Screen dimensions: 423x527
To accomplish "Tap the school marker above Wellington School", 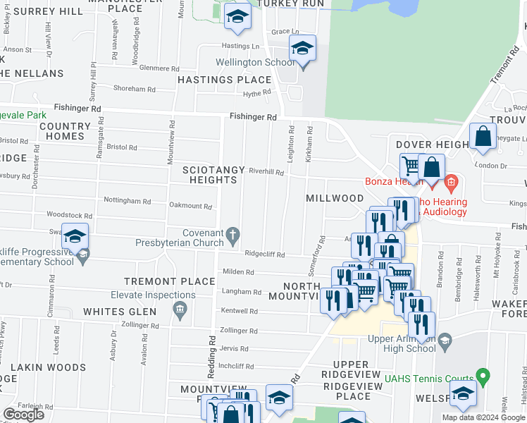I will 302,49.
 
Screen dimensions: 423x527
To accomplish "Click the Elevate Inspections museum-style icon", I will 180,307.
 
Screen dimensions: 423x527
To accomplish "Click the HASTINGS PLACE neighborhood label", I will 224,80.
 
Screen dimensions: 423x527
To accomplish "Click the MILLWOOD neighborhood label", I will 334,199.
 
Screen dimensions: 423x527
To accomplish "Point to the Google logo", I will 24,415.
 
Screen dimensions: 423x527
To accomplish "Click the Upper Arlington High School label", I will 402,343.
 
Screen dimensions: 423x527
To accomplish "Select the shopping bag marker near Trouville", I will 483,137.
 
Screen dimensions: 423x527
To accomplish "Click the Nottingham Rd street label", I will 128,201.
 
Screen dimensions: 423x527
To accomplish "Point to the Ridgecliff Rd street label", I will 265,255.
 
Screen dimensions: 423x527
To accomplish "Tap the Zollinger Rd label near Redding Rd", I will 239,330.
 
